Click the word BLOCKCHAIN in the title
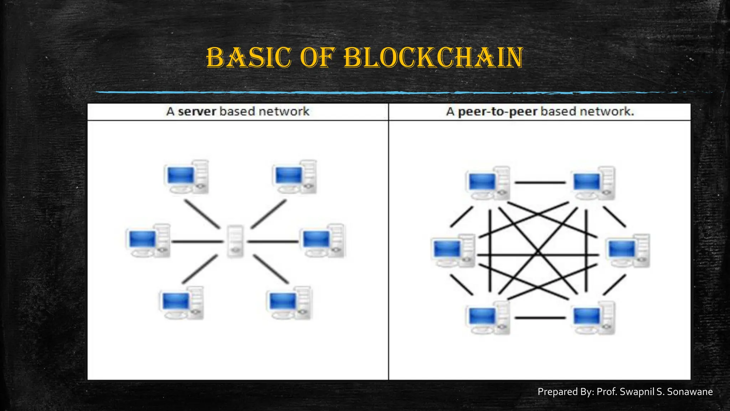pos(433,57)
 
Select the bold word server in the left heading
pos(197,112)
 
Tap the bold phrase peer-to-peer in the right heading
pos(497,112)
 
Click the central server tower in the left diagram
pos(235,241)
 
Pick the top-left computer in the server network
pos(186,177)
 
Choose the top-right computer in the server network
pos(294,177)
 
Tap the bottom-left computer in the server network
pos(181,303)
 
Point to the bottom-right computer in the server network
pos(289,303)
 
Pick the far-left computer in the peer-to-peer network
pos(453,250)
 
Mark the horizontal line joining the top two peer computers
pos(540,183)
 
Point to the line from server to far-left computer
pos(198,242)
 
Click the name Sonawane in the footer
pos(690,392)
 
